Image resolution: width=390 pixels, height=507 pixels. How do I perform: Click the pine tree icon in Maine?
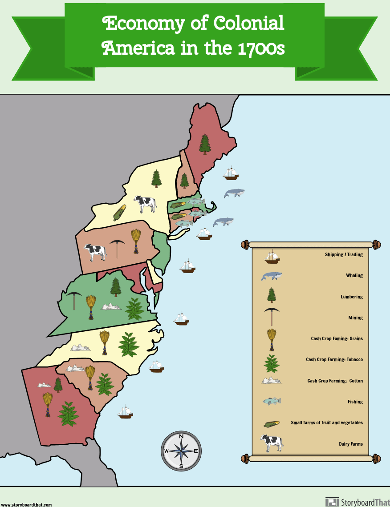205,143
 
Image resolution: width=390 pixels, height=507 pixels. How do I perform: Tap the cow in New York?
145,204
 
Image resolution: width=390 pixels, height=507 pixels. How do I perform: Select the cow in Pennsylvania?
96,252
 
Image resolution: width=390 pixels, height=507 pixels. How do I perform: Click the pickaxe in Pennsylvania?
117,249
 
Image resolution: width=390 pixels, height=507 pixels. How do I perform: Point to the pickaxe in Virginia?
73,300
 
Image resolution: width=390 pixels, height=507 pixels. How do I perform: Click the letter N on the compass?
181,436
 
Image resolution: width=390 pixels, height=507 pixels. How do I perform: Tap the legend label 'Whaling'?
354,276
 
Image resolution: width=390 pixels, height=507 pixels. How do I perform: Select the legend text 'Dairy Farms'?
350,444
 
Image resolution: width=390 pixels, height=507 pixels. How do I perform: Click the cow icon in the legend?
272,443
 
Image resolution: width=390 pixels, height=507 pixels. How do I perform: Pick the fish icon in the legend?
272,401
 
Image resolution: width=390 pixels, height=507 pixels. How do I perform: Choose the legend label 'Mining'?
355,318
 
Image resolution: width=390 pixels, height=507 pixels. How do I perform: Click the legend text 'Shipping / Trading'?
344,255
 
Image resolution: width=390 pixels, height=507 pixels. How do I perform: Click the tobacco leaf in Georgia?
69,414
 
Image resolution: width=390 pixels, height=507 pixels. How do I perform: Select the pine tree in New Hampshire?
184,181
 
